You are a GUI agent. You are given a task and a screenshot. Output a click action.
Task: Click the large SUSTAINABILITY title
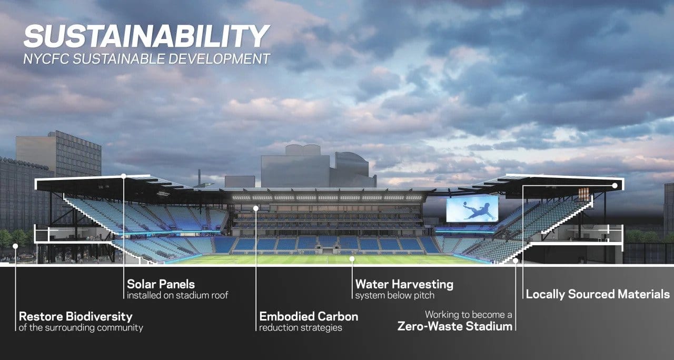146,37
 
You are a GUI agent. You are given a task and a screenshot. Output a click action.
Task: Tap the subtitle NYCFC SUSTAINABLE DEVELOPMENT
146,58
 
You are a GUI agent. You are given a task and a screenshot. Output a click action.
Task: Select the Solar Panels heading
161,284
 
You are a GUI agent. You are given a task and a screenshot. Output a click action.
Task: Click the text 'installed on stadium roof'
177,296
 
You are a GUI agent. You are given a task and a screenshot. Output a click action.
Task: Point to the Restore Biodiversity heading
75,317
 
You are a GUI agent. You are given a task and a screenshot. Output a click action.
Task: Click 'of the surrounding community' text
81,328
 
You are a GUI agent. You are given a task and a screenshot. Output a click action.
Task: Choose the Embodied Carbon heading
309,317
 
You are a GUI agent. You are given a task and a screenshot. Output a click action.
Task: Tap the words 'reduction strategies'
301,328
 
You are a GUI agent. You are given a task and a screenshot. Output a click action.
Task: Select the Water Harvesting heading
404,284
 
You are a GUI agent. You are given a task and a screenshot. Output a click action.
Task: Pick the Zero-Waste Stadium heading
454,326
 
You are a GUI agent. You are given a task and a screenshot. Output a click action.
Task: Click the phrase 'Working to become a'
469,315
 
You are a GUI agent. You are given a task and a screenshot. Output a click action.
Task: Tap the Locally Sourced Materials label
598,294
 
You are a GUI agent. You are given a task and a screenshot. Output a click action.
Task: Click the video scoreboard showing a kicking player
472,209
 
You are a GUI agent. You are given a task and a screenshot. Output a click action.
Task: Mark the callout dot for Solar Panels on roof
124,176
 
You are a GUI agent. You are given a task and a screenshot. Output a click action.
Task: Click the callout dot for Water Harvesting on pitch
352,259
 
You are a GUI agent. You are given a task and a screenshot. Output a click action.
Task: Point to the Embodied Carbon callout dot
256,208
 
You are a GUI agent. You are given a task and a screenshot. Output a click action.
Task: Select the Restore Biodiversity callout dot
15,246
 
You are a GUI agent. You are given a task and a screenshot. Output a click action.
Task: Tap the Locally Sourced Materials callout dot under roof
615,185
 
